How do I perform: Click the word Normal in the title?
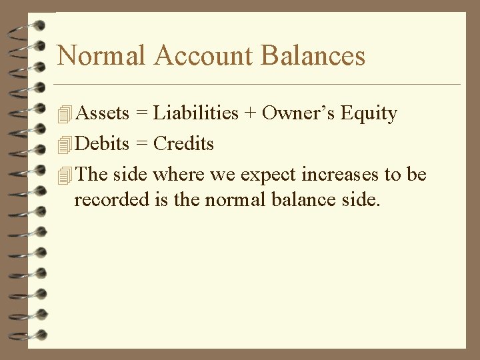pyautogui.click(x=101, y=55)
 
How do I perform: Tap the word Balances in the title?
pyautogui.click(x=313, y=55)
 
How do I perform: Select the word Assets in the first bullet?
pyautogui.click(x=103, y=113)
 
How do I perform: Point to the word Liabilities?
pyautogui.click(x=195, y=113)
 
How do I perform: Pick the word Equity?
pyautogui.click(x=369, y=114)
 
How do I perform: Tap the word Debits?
pyautogui.click(x=103, y=143)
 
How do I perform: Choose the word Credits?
pyautogui.click(x=183, y=143)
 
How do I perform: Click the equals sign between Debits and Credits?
pyautogui.click(x=141, y=144)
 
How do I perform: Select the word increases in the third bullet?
pyautogui.click(x=340, y=175)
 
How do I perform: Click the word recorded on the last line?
pyautogui.click(x=105, y=199)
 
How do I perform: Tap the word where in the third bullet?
pyautogui.click(x=178, y=175)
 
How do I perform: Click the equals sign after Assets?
pyautogui.click(x=141, y=114)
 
